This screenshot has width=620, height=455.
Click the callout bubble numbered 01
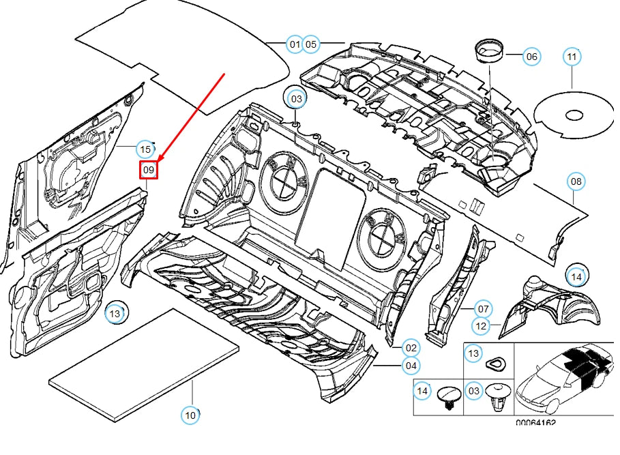pos(295,44)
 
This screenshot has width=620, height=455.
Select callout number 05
pos(311,44)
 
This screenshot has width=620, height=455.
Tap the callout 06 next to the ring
pos(531,57)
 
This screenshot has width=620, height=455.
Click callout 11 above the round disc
pos(572,57)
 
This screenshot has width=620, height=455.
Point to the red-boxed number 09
pos(149,169)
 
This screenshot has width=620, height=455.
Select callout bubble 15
pos(145,149)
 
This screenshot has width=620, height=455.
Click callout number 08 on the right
pos(576,181)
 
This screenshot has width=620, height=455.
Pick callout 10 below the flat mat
pos(190,414)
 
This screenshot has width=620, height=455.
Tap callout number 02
pos(410,348)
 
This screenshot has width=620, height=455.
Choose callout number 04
pos(410,366)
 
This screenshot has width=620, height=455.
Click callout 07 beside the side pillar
pos(482,308)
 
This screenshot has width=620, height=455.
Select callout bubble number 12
pos(482,326)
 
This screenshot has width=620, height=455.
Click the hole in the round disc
pos(572,113)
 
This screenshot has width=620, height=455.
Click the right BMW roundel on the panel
pos(381,231)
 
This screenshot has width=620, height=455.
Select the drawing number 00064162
pos(535,423)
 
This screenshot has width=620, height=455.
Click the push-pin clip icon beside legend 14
pos(448,397)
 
